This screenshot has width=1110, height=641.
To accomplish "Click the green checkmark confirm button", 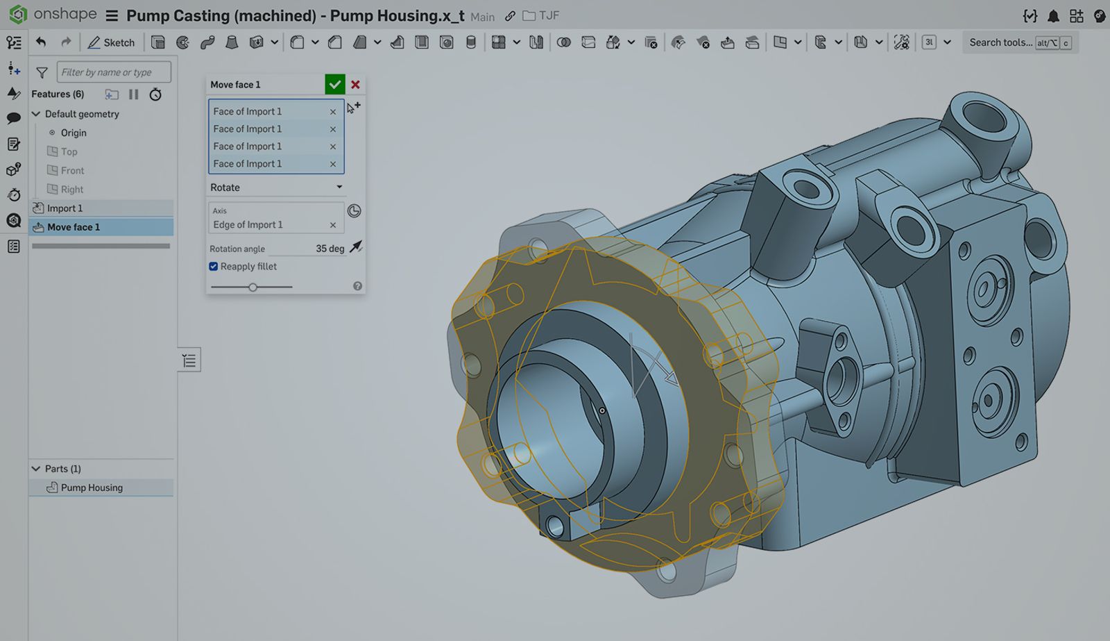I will tap(334, 85).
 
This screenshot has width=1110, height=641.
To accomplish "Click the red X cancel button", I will tap(355, 85).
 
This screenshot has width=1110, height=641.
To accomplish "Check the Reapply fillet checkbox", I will tap(214, 267).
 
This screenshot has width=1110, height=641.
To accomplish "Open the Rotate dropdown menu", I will tap(276, 188).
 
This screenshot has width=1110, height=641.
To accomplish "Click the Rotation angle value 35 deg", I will tap(330, 249).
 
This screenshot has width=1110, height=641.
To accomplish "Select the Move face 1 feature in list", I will tap(74, 227).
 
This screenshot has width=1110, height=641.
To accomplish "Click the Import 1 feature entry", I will tap(65, 208).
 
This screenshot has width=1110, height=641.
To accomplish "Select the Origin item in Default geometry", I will tap(73, 133).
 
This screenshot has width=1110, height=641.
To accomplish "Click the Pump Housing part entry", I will tap(92, 488).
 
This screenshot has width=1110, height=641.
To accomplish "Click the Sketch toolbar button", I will tap(111, 42).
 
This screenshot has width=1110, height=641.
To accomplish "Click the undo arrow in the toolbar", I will tap(41, 42).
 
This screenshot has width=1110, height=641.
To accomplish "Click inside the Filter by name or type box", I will tap(113, 72).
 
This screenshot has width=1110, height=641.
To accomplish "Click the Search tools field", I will tap(1000, 42).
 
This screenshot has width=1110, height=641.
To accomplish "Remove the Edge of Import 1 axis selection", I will tap(333, 225).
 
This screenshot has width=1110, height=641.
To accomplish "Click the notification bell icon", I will tap(1053, 15).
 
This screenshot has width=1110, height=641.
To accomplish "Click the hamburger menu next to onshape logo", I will tap(112, 15).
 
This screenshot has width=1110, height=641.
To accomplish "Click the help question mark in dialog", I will tap(357, 286).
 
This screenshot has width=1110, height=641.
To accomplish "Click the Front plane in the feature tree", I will tap(72, 170).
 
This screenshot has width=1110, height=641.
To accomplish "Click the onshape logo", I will tap(18, 15).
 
